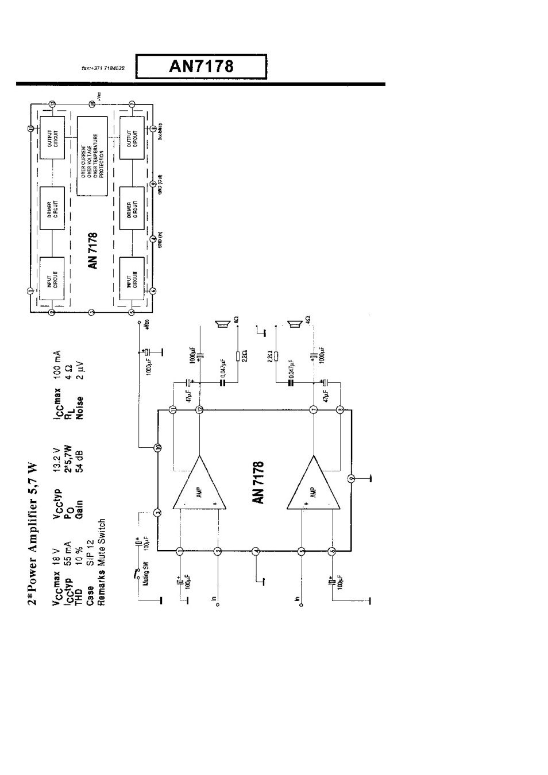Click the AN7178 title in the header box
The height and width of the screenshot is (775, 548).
coord(201,66)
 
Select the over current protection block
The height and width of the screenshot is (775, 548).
coord(92,155)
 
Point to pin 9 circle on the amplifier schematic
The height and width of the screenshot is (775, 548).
coord(352,478)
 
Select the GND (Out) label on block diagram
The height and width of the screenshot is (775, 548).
coord(160,185)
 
